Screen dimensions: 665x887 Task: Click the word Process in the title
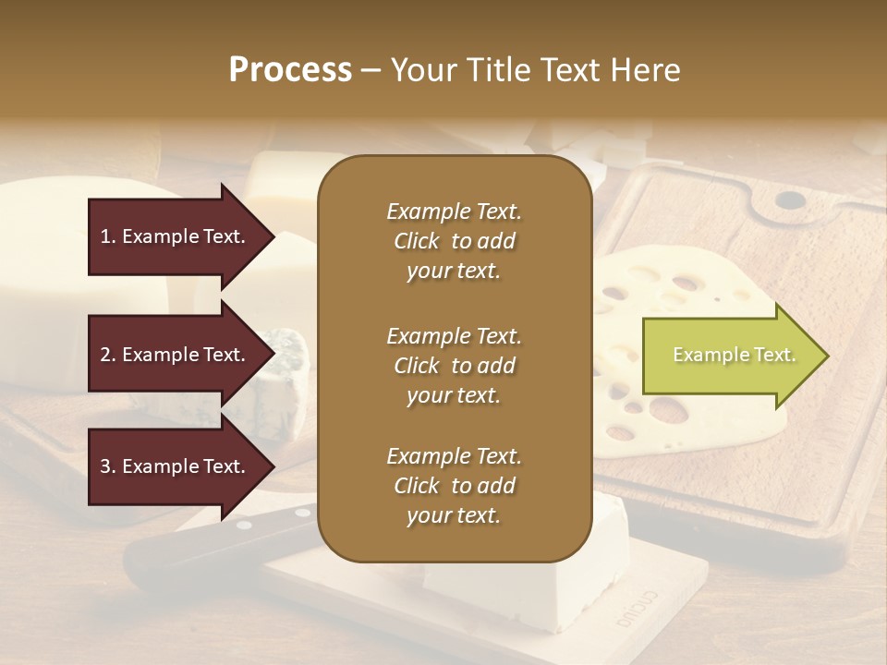pos(290,69)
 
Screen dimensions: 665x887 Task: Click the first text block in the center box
pos(454,241)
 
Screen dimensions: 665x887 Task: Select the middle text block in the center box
pos(454,366)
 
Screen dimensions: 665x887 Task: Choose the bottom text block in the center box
pos(454,486)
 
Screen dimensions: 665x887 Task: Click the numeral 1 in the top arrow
pos(105,236)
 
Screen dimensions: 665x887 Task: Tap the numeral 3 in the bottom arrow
pos(105,466)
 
